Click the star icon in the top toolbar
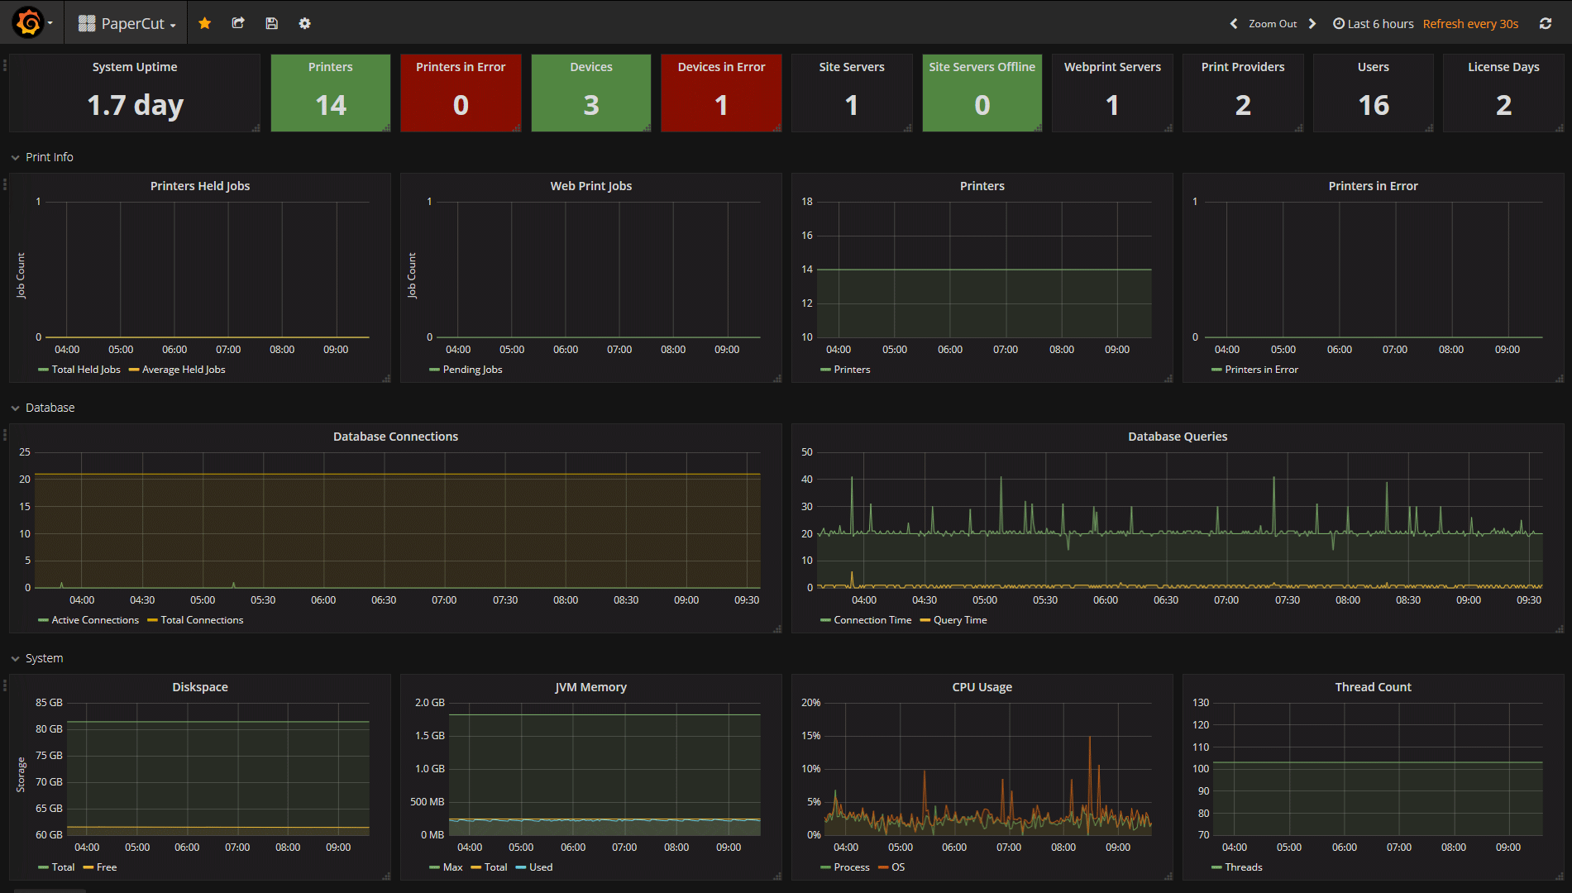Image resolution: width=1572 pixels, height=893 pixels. coord(205,23)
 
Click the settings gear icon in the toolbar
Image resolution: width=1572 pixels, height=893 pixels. coord(304,23)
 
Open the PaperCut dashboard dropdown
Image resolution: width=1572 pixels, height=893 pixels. coord(128,23)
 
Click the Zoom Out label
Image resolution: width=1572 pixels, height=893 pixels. coord(1272,23)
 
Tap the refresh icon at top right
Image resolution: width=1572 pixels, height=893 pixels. coord(1545,23)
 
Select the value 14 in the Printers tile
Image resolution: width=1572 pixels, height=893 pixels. coord(331,105)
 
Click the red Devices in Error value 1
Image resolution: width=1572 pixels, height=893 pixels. coord(721,105)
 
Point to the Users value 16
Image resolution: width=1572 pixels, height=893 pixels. coord(1373,105)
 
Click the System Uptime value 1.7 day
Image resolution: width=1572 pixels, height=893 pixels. coord(135,105)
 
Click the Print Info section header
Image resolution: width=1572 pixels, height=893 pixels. coord(49,157)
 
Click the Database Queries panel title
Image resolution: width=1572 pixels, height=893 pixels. coord(1177,437)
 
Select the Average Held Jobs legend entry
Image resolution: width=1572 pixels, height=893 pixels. coord(183,370)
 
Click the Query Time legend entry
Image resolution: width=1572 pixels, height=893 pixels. coord(959,620)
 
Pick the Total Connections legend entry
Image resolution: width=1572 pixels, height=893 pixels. coord(202,620)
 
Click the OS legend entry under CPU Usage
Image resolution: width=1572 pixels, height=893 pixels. coord(898,867)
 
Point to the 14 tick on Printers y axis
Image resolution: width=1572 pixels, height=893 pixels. coord(806,270)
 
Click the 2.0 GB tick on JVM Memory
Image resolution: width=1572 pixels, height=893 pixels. coord(429,703)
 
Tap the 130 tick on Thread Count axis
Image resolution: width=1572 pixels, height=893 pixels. coord(1200,703)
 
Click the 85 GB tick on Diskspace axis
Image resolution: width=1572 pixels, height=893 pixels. coord(49,703)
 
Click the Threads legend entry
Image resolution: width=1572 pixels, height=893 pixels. coord(1243,867)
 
